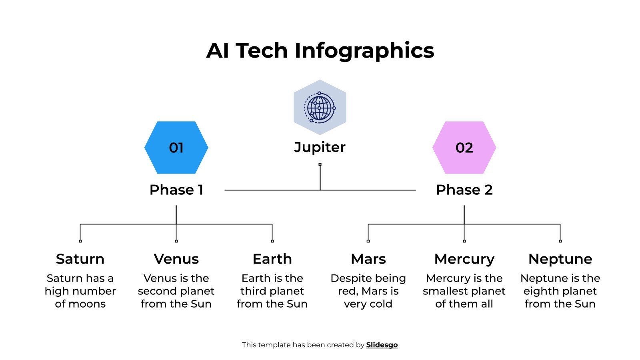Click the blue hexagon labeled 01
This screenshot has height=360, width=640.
176,148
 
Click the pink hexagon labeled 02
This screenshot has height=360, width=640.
464,148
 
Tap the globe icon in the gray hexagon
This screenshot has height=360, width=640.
320,107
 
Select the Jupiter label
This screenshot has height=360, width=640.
320,147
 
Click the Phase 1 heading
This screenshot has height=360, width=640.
176,190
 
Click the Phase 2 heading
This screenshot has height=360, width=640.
464,190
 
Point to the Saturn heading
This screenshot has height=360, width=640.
80,259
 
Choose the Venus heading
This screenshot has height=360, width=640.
176,259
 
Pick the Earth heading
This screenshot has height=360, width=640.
272,259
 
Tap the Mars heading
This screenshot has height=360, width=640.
368,259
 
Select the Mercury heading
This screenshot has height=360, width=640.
464,259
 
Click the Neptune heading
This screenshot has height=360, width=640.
560,259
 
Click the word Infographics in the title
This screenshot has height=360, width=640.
364,51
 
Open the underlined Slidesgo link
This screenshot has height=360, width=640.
382,345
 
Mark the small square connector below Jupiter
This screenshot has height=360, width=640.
320,164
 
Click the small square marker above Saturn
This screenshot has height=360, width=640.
80,241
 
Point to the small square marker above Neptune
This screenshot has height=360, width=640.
560,241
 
